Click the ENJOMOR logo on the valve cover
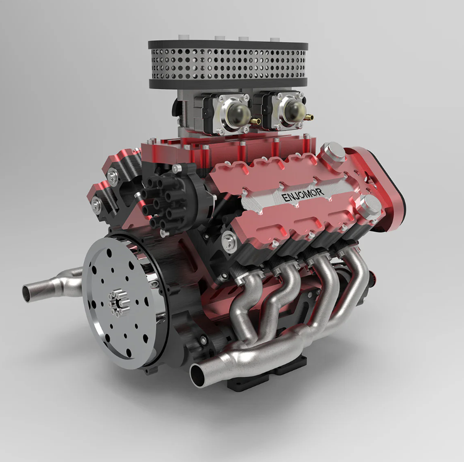click(303, 194)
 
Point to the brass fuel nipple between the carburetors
click(256, 121)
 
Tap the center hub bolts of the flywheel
click(118, 303)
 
